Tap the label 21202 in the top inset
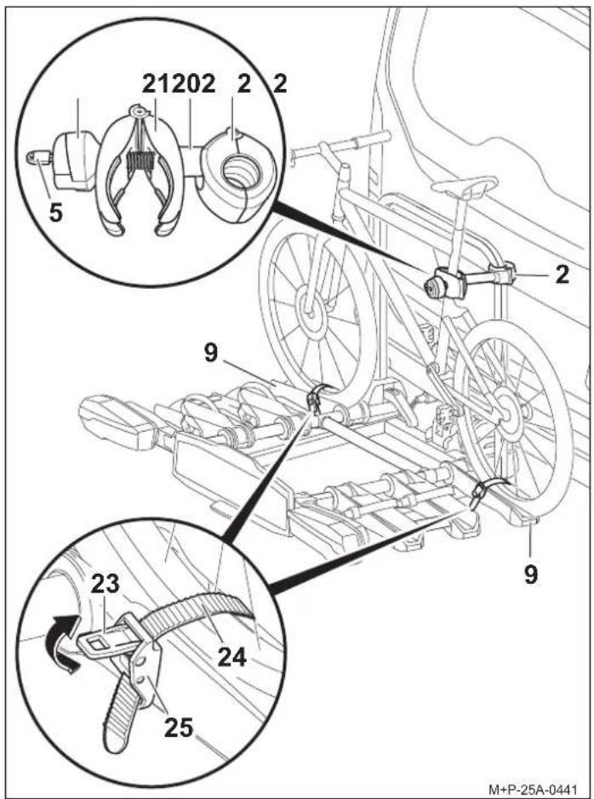point(179,84)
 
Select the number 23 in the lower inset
point(106,584)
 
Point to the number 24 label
point(232,657)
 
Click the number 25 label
point(179,727)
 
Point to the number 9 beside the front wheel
point(211,353)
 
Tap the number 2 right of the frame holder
point(562,275)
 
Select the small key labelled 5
point(38,159)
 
